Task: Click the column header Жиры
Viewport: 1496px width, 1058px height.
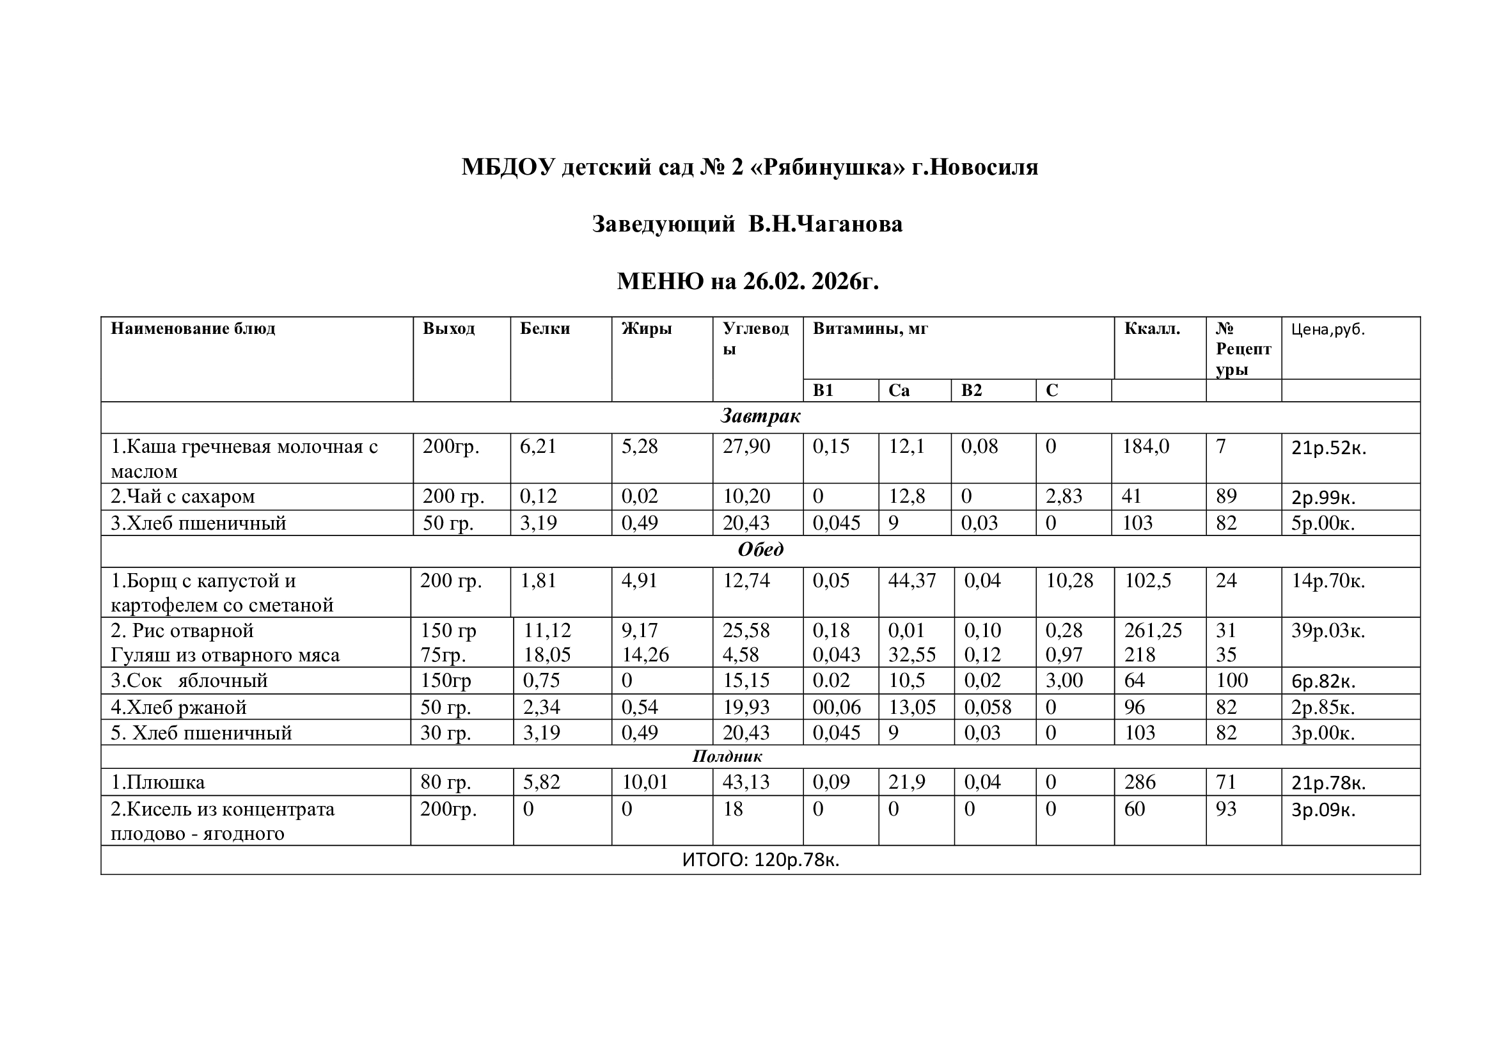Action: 646,328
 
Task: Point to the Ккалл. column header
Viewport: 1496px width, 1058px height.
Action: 1152,328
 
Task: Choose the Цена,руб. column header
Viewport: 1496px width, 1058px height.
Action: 1328,329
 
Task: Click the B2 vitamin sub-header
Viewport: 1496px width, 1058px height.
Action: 971,390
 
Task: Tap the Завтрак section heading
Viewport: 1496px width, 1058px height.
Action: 760,416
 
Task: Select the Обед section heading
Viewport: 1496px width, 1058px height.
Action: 760,550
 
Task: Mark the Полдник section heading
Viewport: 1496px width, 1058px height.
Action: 727,756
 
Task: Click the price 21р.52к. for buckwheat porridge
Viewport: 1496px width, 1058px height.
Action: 1328,448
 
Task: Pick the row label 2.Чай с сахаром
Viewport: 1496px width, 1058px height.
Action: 182,496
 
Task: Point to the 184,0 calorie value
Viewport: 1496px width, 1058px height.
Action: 1146,446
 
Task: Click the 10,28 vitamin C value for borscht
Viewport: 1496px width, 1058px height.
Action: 1069,580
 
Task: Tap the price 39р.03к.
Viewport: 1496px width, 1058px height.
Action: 1328,631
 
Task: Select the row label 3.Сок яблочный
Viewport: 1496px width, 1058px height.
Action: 189,681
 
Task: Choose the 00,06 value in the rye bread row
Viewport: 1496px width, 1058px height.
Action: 837,707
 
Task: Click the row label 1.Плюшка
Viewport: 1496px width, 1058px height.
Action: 158,782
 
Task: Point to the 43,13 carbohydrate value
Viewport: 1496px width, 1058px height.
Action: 746,782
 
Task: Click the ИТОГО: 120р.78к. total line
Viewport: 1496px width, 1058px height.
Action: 760,860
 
